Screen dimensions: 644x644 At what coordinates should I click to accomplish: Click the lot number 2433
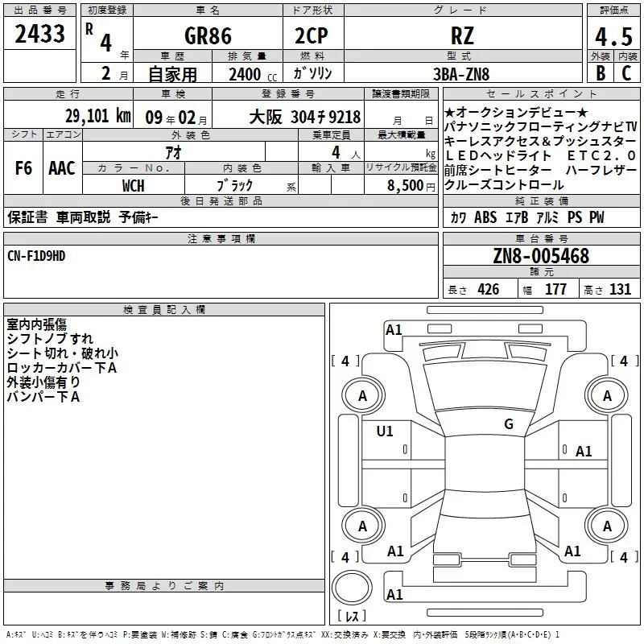click(x=39, y=34)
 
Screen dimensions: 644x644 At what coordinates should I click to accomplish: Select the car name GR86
click(x=208, y=35)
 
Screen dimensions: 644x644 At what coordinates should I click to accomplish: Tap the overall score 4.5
click(x=613, y=36)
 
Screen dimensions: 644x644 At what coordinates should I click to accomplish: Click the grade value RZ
click(x=462, y=35)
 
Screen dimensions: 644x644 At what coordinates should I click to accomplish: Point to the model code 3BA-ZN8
click(x=461, y=74)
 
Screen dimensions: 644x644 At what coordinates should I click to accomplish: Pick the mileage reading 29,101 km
click(x=98, y=116)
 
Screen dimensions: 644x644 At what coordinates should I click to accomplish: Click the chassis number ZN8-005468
click(x=541, y=256)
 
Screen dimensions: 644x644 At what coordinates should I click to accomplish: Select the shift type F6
click(x=23, y=168)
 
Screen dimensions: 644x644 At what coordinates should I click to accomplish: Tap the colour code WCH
click(x=134, y=186)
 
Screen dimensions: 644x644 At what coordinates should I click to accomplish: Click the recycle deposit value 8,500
click(x=406, y=186)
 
